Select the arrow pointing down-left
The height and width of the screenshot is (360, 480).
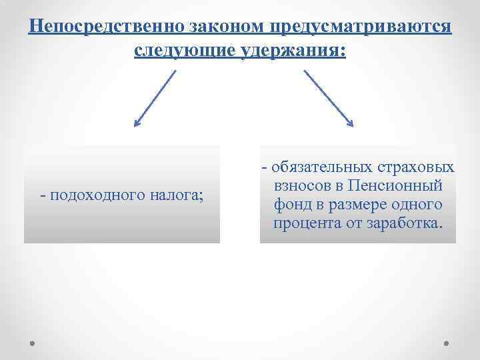coord(155,98)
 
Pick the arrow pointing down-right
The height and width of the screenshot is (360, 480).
coord(329,98)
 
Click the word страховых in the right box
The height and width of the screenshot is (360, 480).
coord(417,167)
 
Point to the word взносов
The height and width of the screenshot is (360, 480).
coord(301,185)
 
